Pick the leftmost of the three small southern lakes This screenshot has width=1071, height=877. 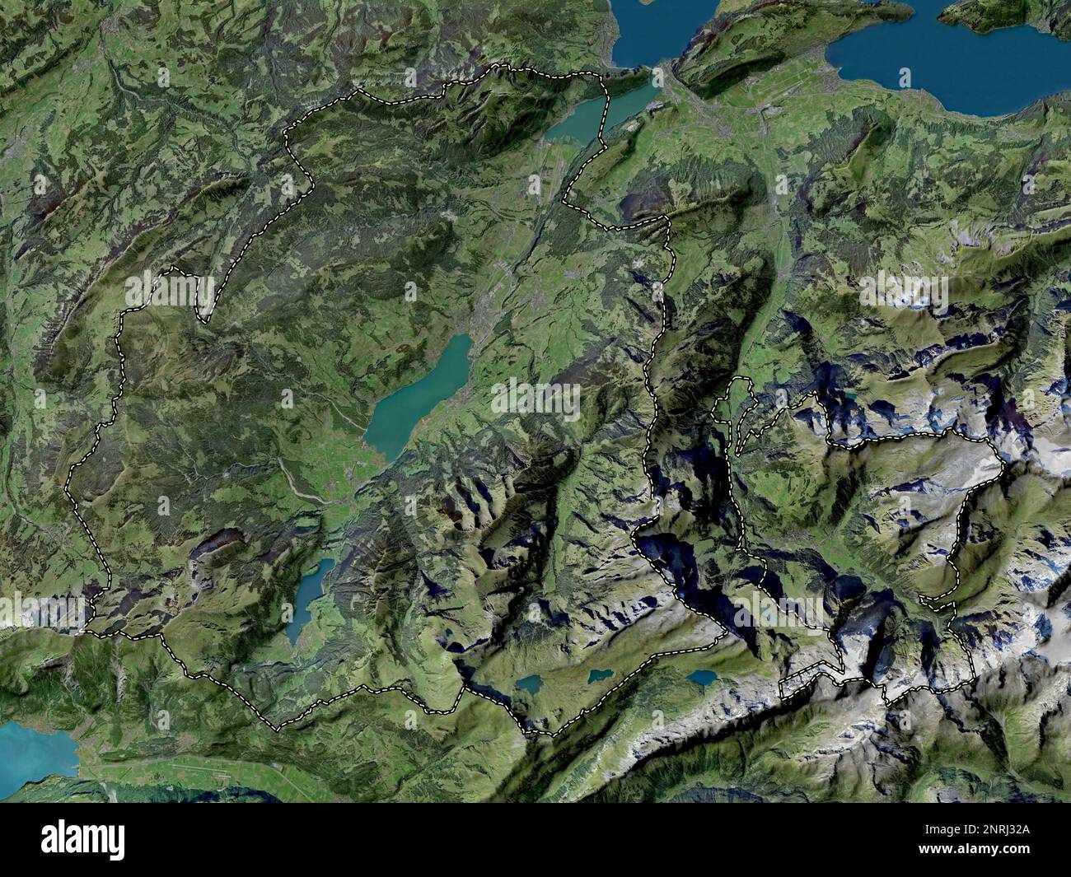528,683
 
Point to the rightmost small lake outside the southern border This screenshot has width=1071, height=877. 702,677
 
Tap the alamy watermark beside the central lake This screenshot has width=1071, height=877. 535,400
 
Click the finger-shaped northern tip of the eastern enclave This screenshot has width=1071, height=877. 742,384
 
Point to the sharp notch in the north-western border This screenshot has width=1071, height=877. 204,317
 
